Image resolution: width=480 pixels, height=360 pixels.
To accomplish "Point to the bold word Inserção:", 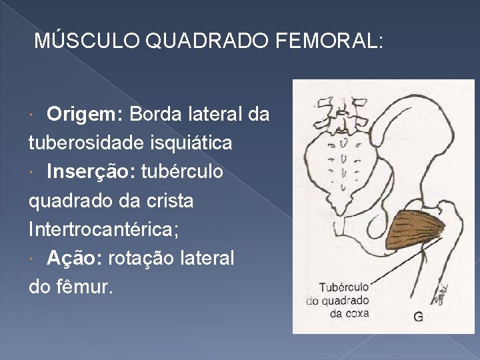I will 90,172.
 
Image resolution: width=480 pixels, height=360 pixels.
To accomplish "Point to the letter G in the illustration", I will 418,317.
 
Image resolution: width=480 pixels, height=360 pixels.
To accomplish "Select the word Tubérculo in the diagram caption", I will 344,287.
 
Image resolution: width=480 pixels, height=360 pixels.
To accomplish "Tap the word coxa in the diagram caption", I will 357,313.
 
